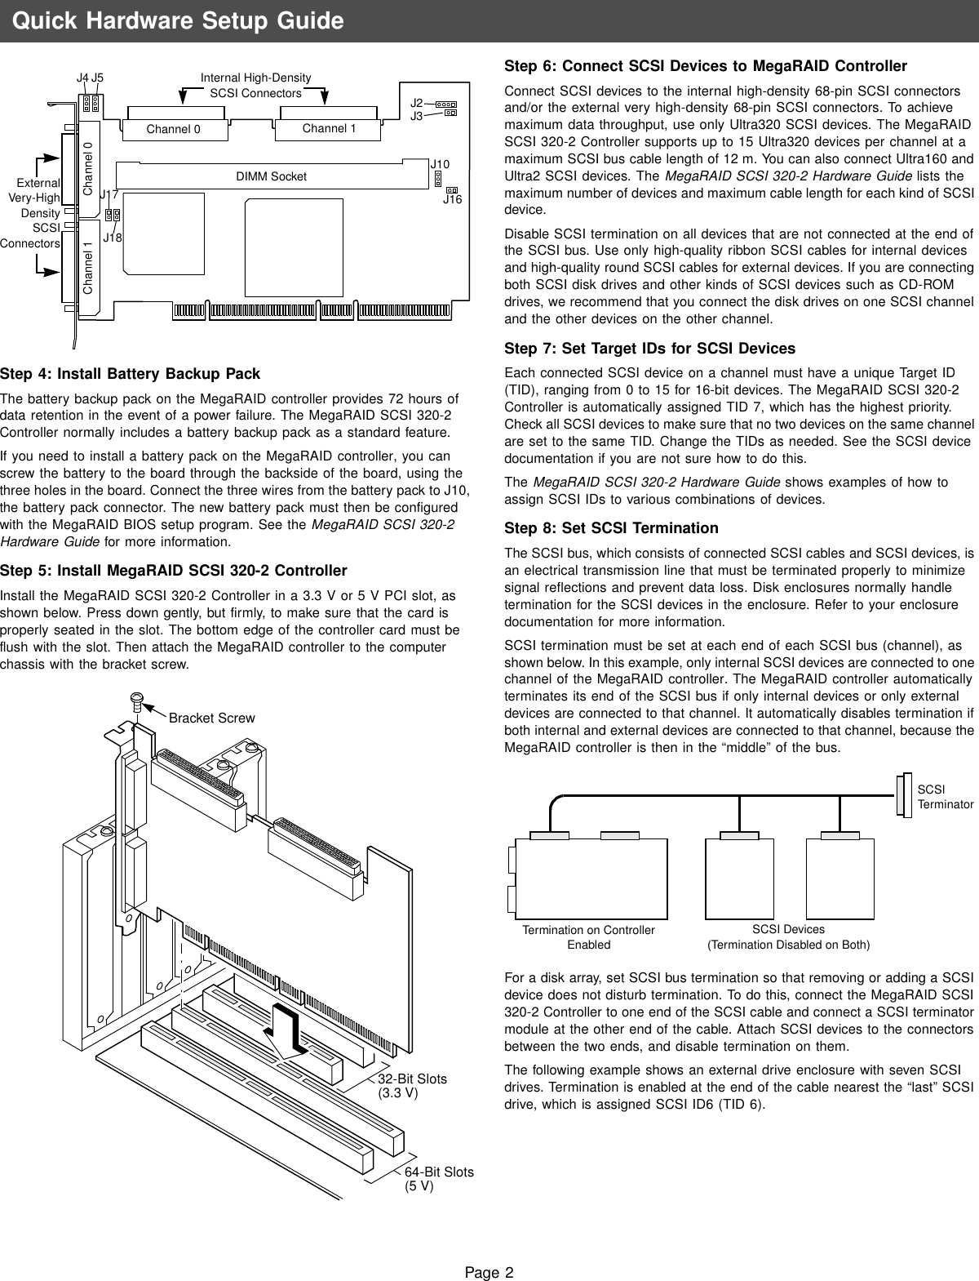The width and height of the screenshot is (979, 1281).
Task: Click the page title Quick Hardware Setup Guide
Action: point(178,20)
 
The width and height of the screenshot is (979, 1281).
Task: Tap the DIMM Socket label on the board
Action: point(271,176)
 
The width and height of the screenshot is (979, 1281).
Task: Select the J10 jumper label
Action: point(440,165)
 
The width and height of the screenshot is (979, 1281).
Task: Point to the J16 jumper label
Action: point(452,199)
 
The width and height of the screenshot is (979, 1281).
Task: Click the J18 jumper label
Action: point(113,238)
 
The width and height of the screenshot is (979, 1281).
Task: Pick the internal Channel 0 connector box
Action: point(173,129)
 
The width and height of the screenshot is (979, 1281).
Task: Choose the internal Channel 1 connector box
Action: point(329,128)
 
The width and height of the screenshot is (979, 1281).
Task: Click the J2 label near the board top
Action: point(416,104)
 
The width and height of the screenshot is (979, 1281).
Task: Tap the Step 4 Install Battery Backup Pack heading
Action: point(131,374)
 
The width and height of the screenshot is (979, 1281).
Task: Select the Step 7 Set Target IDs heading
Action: point(649,349)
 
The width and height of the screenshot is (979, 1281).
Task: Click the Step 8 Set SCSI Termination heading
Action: point(611,527)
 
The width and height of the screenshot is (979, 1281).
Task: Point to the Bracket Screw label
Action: point(211,718)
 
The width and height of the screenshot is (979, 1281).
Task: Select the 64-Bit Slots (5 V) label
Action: point(439,1178)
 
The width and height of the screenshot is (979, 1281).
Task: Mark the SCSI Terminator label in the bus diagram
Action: point(945,797)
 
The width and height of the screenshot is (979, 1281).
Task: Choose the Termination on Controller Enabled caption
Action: point(588,937)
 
